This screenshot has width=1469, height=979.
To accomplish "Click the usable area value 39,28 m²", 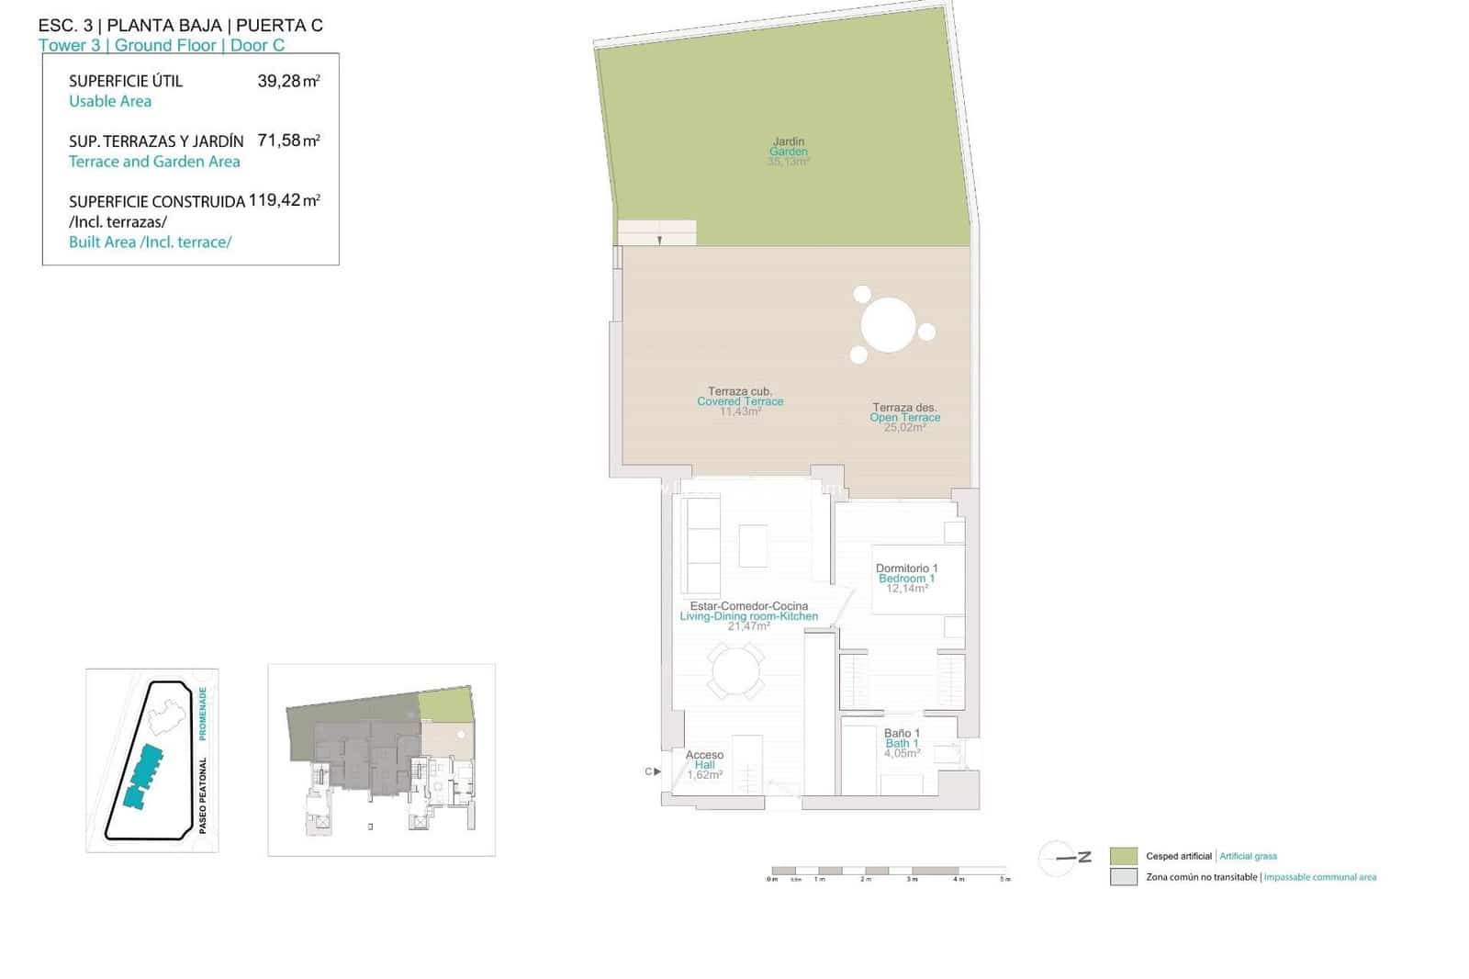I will (288, 81).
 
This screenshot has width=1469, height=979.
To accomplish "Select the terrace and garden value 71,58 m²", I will (288, 141).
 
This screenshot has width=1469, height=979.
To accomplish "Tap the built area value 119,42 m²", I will (284, 200).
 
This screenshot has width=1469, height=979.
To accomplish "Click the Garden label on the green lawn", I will (789, 152).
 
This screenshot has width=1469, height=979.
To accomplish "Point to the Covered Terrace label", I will (740, 401).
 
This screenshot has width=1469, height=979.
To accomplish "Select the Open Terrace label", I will (905, 417).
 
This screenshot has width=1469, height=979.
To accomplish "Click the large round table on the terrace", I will (889, 324).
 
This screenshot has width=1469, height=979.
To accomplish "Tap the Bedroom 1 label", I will (906, 579).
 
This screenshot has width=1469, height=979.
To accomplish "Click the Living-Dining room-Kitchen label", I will (748, 616).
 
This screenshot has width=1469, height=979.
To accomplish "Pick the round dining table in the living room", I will (734, 671).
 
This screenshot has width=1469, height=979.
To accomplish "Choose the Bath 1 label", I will (902, 743).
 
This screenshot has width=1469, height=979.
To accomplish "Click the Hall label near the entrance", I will (704, 764).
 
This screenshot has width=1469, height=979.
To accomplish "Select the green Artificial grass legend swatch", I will (1123, 856).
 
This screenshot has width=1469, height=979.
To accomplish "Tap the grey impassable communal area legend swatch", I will (1123, 877).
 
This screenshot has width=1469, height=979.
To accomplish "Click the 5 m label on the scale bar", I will (1005, 880).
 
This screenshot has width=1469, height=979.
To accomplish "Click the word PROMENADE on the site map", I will (203, 714).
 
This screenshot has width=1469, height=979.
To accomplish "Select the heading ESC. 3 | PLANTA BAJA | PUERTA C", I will (181, 26).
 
